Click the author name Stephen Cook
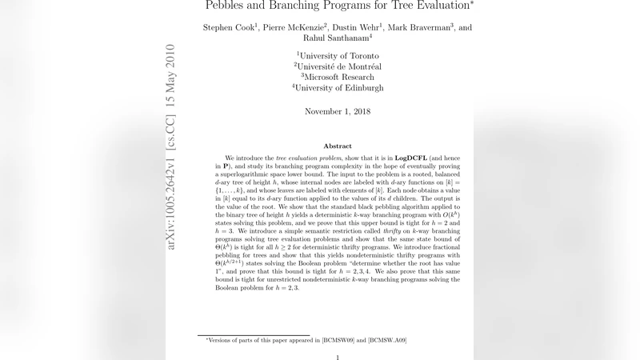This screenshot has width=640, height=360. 228,28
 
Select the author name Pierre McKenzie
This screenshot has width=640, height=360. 294,28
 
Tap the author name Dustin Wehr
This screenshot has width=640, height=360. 359,28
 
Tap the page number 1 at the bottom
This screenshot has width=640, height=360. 337,358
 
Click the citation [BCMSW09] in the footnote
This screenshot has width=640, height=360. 343,341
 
